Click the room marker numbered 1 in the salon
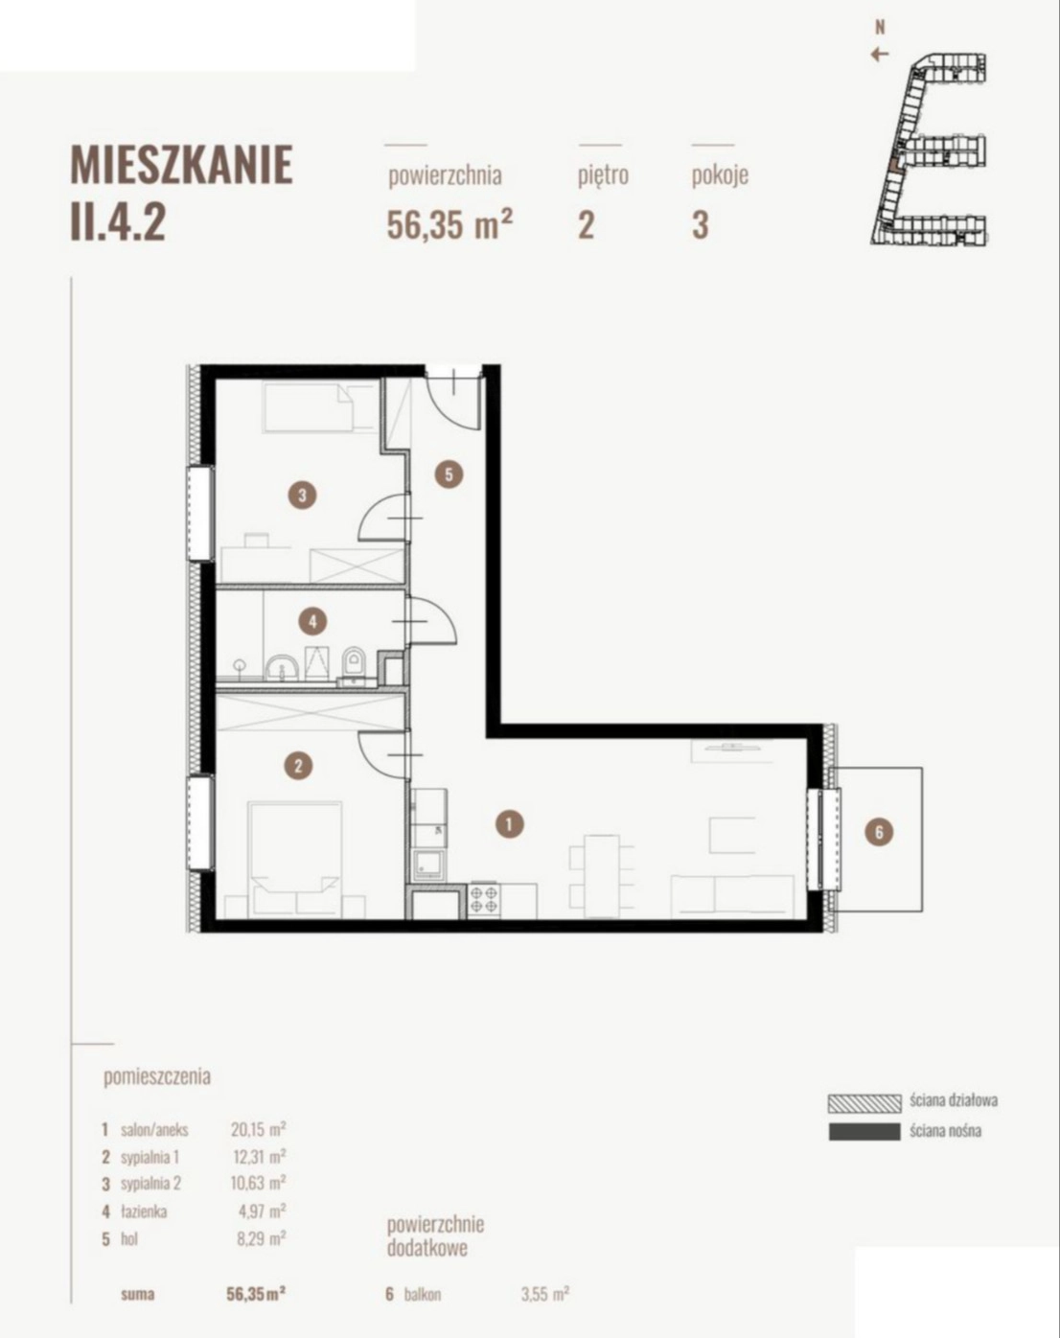click(x=509, y=824)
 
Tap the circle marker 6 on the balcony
click(x=879, y=832)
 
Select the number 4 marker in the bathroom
click(x=312, y=621)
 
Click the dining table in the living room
click(x=601, y=876)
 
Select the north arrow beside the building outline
click(x=879, y=55)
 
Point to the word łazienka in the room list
click(x=144, y=1211)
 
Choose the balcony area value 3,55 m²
click(x=545, y=1295)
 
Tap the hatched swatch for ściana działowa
click(x=864, y=1103)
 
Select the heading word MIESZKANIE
click(x=181, y=165)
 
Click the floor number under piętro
click(x=586, y=224)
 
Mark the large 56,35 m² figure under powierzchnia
click(x=449, y=224)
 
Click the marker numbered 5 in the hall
click(x=449, y=475)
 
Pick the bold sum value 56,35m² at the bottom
click(x=256, y=1295)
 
